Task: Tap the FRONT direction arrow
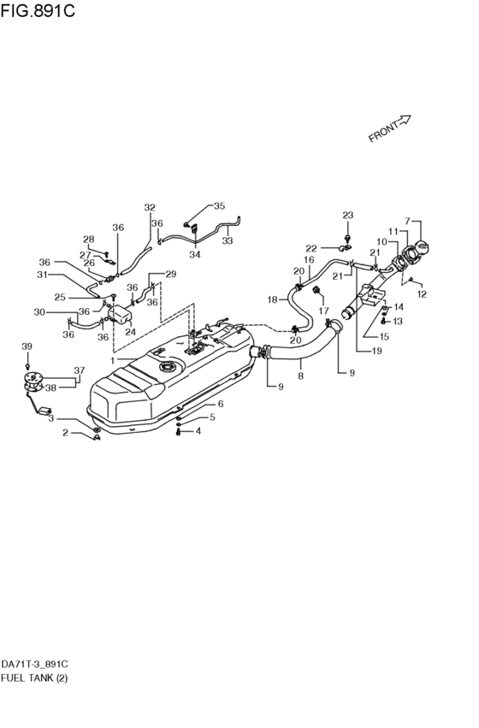coord(390,127)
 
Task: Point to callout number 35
coord(219,206)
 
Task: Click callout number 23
coord(347,215)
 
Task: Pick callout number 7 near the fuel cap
coord(408,222)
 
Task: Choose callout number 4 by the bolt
coord(198,431)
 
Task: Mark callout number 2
coord(64,434)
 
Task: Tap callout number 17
coord(325,311)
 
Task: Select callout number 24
coord(131,332)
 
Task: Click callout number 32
coord(150,207)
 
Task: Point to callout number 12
coord(421,294)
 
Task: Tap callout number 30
coord(39,312)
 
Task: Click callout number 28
coord(88,239)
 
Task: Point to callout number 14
coord(399,306)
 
